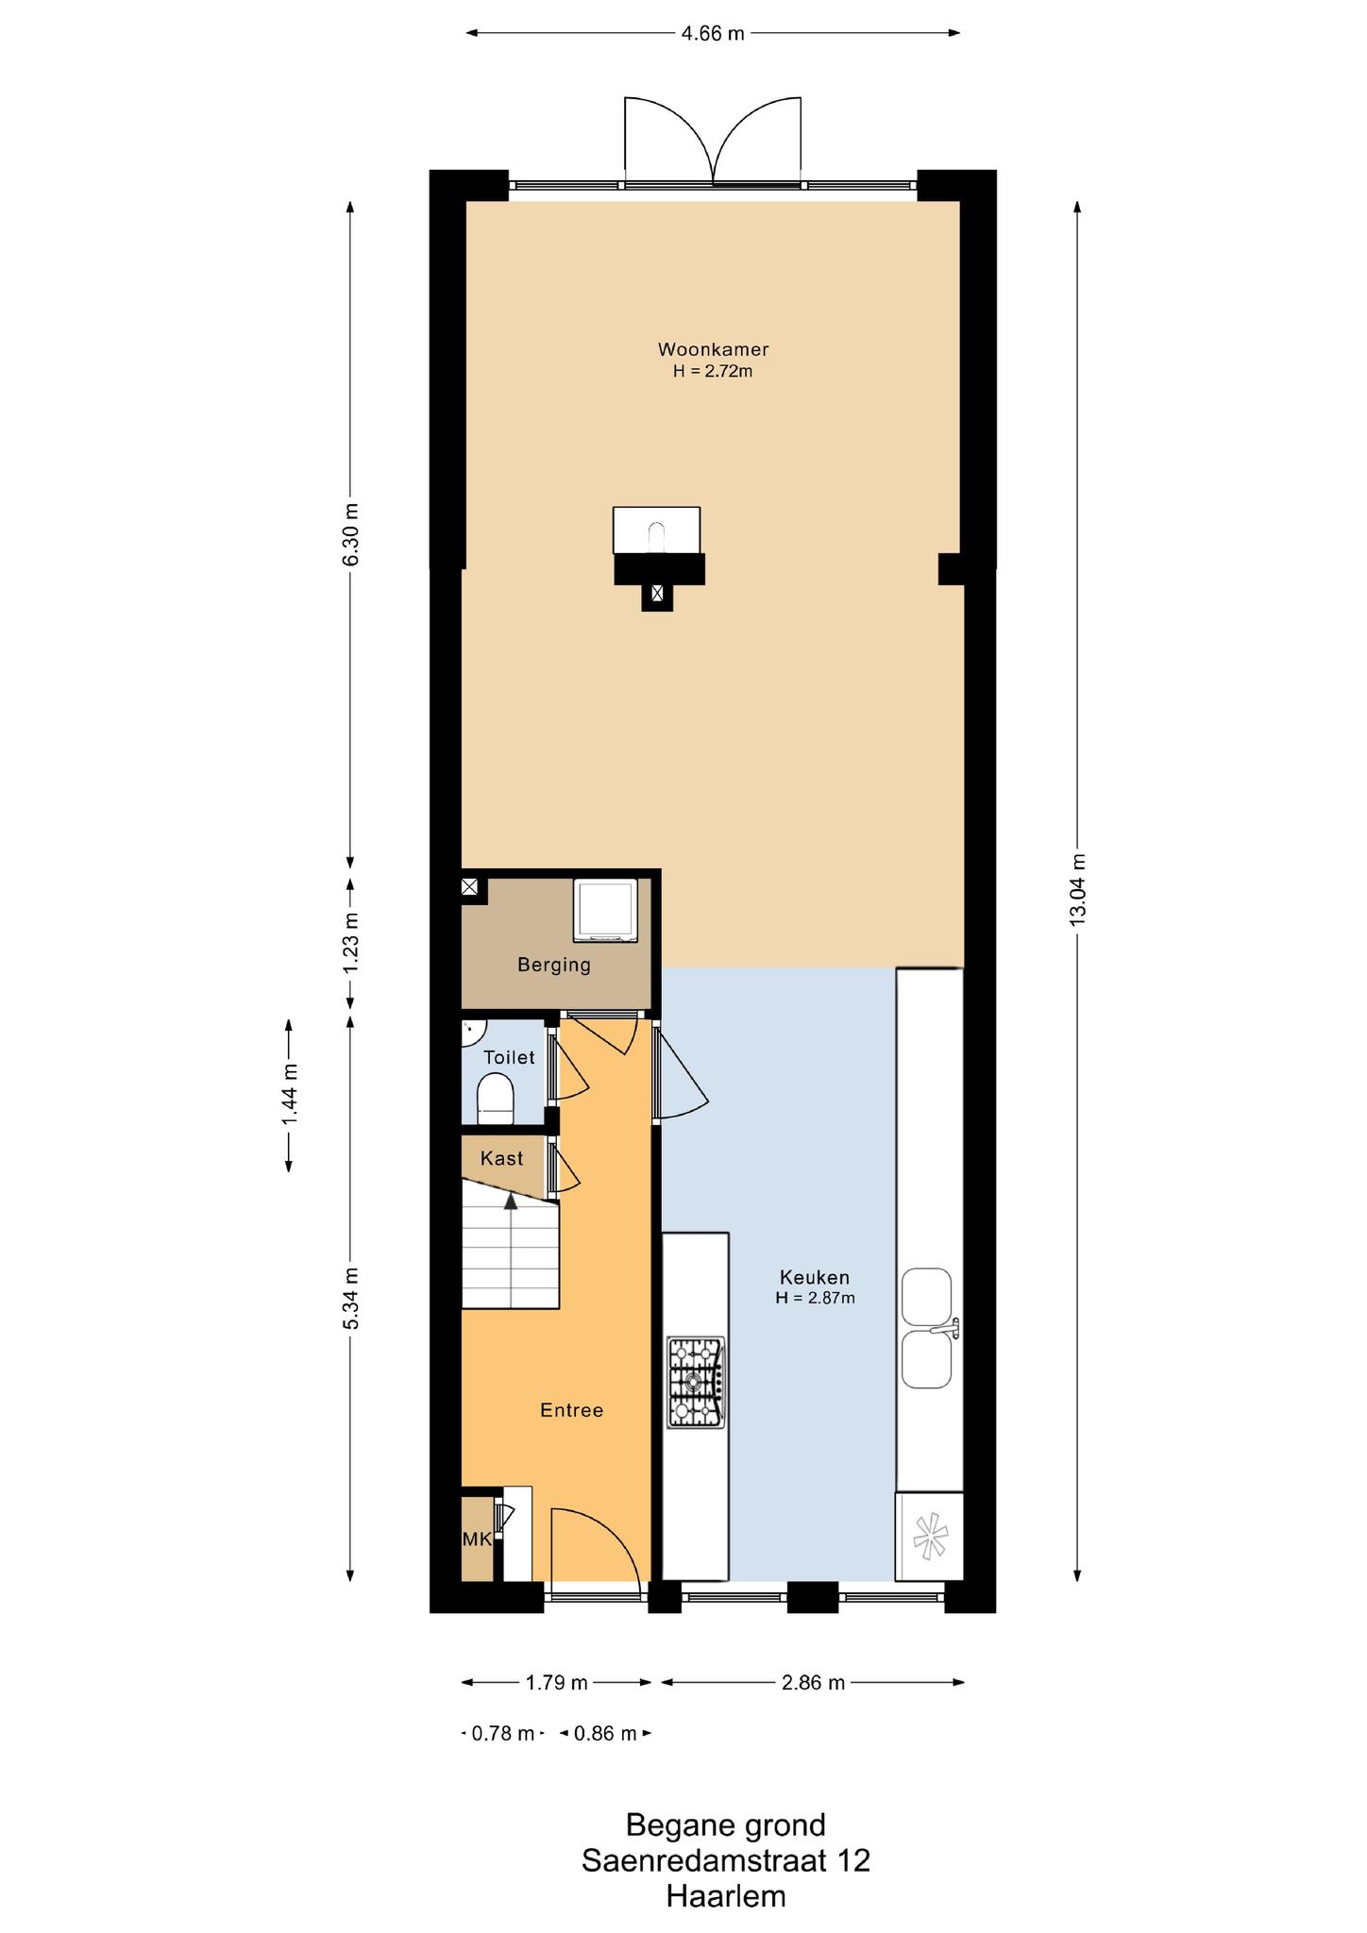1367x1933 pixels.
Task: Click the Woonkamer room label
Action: pos(713,349)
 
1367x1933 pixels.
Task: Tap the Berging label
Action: pos(554,965)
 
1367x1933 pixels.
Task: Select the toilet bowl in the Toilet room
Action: pos(496,1101)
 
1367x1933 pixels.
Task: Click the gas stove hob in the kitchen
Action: pos(696,1383)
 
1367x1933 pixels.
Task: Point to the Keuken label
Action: pos(814,1277)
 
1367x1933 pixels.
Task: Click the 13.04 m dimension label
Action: pos(1078,890)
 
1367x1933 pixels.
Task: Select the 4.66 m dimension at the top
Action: pos(713,34)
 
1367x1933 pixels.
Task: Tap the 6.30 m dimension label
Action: pos(350,534)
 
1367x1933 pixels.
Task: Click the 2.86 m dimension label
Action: pos(813,1682)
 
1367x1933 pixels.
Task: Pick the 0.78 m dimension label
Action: pos(503,1733)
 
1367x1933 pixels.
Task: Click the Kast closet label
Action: pos(501,1158)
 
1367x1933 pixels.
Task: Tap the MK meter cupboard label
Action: pos(477,1539)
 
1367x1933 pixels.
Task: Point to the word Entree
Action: pos(571,1410)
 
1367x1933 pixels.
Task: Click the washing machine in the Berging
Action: pos(605,910)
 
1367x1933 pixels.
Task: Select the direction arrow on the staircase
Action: pos(511,1201)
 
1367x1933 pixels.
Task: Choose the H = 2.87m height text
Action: pos(816,1298)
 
